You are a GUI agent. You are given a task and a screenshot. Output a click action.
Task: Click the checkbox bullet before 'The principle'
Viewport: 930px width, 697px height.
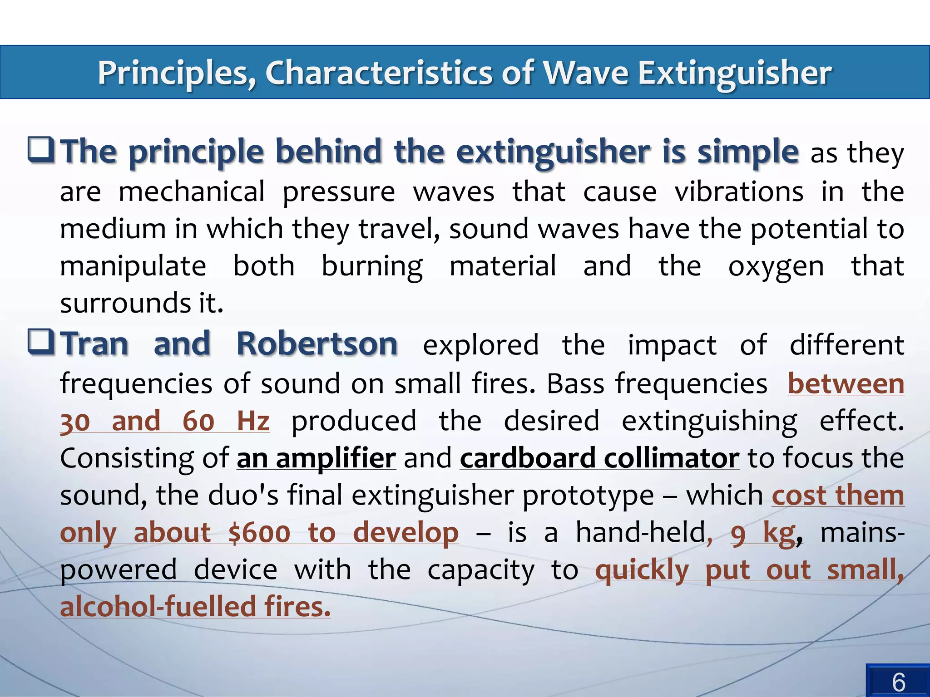(41, 150)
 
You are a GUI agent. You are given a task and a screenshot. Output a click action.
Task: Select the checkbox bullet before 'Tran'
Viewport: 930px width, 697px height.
(41, 343)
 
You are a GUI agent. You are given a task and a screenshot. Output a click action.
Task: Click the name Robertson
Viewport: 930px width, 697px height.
(317, 344)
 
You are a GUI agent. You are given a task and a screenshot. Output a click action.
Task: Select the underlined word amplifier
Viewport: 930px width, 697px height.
(336, 458)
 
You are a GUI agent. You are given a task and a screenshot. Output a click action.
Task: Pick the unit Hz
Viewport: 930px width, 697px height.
(253, 421)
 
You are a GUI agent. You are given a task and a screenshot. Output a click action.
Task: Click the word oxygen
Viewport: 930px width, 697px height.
(776, 267)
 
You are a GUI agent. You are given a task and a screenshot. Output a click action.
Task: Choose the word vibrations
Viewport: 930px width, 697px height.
(739, 191)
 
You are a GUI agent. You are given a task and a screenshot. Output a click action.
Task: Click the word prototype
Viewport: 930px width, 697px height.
(588, 496)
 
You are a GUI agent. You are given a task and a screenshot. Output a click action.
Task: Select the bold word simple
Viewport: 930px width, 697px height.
(748, 151)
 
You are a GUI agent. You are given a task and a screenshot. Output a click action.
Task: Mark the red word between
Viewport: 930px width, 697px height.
(846, 384)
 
